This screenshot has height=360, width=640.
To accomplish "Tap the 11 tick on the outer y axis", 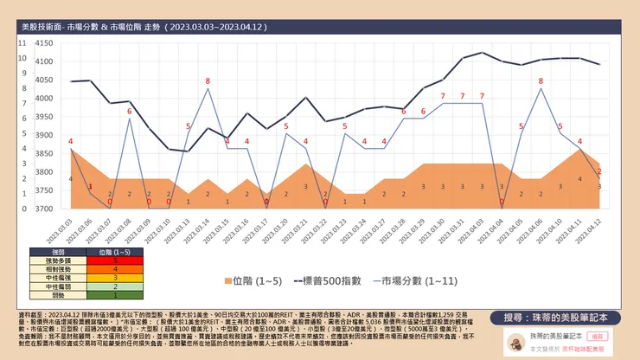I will pos(22,42).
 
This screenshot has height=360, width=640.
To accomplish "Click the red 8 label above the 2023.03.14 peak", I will pos(208,81).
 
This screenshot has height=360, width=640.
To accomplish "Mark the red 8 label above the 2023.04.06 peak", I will pos(541,81).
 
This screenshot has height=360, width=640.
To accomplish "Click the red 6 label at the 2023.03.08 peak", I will pos(129,112).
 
